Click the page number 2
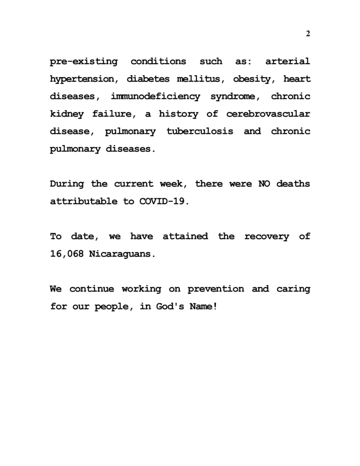[308, 34]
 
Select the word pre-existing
[84, 62]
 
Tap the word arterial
[288, 62]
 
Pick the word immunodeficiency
[155, 96]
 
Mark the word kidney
[66, 114]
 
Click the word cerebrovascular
[268, 114]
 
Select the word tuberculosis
[200, 131]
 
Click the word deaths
[293, 184]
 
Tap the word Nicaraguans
[122, 254]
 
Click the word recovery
[266, 236]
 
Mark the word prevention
[216, 289]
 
